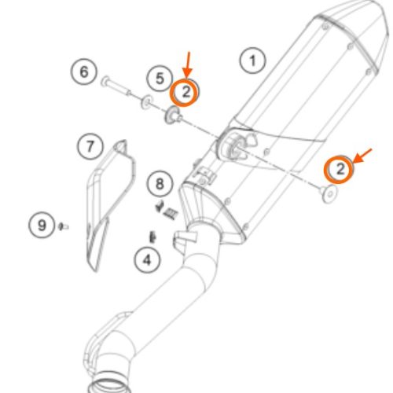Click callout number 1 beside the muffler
(252, 61)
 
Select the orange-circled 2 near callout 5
(184, 92)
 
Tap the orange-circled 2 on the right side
(339, 169)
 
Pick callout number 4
(147, 259)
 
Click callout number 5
(160, 78)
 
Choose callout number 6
(84, 72)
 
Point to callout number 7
(90, 146)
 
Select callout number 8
(160, 184)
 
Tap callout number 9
(42, 225)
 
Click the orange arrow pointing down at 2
(188, 65)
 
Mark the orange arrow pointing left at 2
(362, 156)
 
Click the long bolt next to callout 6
(116, 86)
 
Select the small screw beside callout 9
(63, 226)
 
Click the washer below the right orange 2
(329, 194)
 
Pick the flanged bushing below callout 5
(173, 116)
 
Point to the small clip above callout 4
(152, 237)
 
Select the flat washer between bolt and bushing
(147, 102)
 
